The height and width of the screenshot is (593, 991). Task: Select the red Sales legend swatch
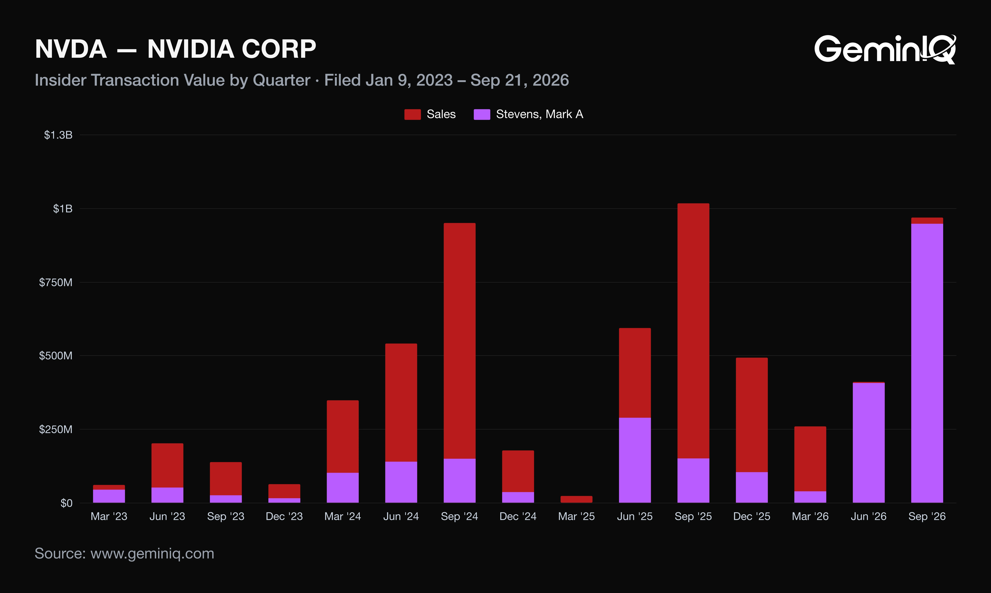412,114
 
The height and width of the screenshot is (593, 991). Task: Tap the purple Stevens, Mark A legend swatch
482,114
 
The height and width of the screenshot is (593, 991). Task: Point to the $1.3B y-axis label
58,135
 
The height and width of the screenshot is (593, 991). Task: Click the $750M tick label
56,283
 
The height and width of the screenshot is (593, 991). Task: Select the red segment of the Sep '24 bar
460,341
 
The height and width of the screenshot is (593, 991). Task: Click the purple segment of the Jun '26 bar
869,443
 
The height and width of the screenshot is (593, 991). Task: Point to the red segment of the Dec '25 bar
752,415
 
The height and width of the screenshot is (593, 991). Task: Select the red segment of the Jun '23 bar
167,465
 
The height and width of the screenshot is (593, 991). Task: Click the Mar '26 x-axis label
810,517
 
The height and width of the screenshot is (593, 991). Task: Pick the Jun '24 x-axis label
401,517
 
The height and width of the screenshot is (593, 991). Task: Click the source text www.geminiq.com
152,554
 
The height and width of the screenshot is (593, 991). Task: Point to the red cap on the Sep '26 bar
927,221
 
